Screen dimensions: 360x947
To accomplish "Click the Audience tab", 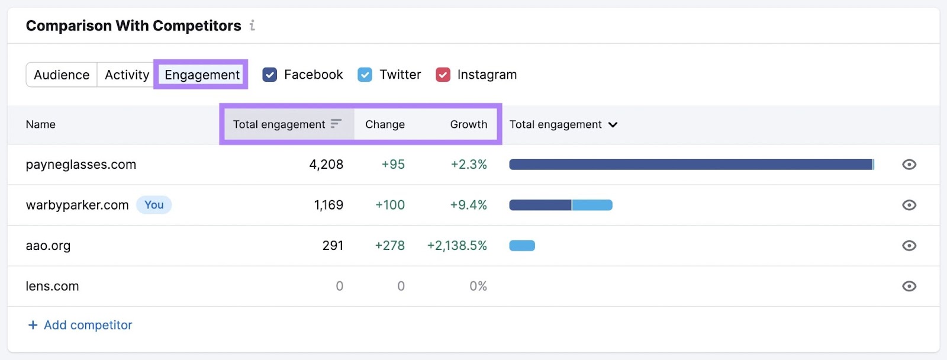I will click(x=62, y=75).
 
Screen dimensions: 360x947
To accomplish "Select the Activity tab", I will click(x=127, y=75).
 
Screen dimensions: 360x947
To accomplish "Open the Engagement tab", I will click(x=202, y=75).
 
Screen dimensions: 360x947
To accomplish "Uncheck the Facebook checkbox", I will click(x=270, y=75).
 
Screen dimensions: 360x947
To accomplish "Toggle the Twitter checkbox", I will click(x=365, y=75).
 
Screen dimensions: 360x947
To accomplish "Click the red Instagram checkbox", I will click(x=443, y=75).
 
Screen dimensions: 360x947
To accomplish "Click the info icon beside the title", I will click(x=252, y=25).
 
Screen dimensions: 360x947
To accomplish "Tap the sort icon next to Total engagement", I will click(x=336, y=124).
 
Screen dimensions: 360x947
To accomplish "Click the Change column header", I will click(x=385, y=124).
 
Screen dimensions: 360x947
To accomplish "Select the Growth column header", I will click(x=468, y=124).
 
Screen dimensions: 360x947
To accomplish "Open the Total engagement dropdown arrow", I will click(x=613, y=124).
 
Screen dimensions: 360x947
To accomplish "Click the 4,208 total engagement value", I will click(x=326, y=165).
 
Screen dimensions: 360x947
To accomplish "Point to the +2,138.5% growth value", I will click(x=457, y=246).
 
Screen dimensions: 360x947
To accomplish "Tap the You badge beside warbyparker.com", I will click(x=154, y=205).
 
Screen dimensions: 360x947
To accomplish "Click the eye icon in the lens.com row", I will click(x=909, y=287).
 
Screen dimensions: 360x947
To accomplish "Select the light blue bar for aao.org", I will click(x=522, y=246).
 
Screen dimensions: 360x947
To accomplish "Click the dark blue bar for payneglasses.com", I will click(x=691, y=165).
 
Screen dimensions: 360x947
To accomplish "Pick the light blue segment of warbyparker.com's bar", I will click(x=592, y=205).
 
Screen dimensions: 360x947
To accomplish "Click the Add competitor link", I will click(x=80, y=325).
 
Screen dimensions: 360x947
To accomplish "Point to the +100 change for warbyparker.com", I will click(x=390, y=205).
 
